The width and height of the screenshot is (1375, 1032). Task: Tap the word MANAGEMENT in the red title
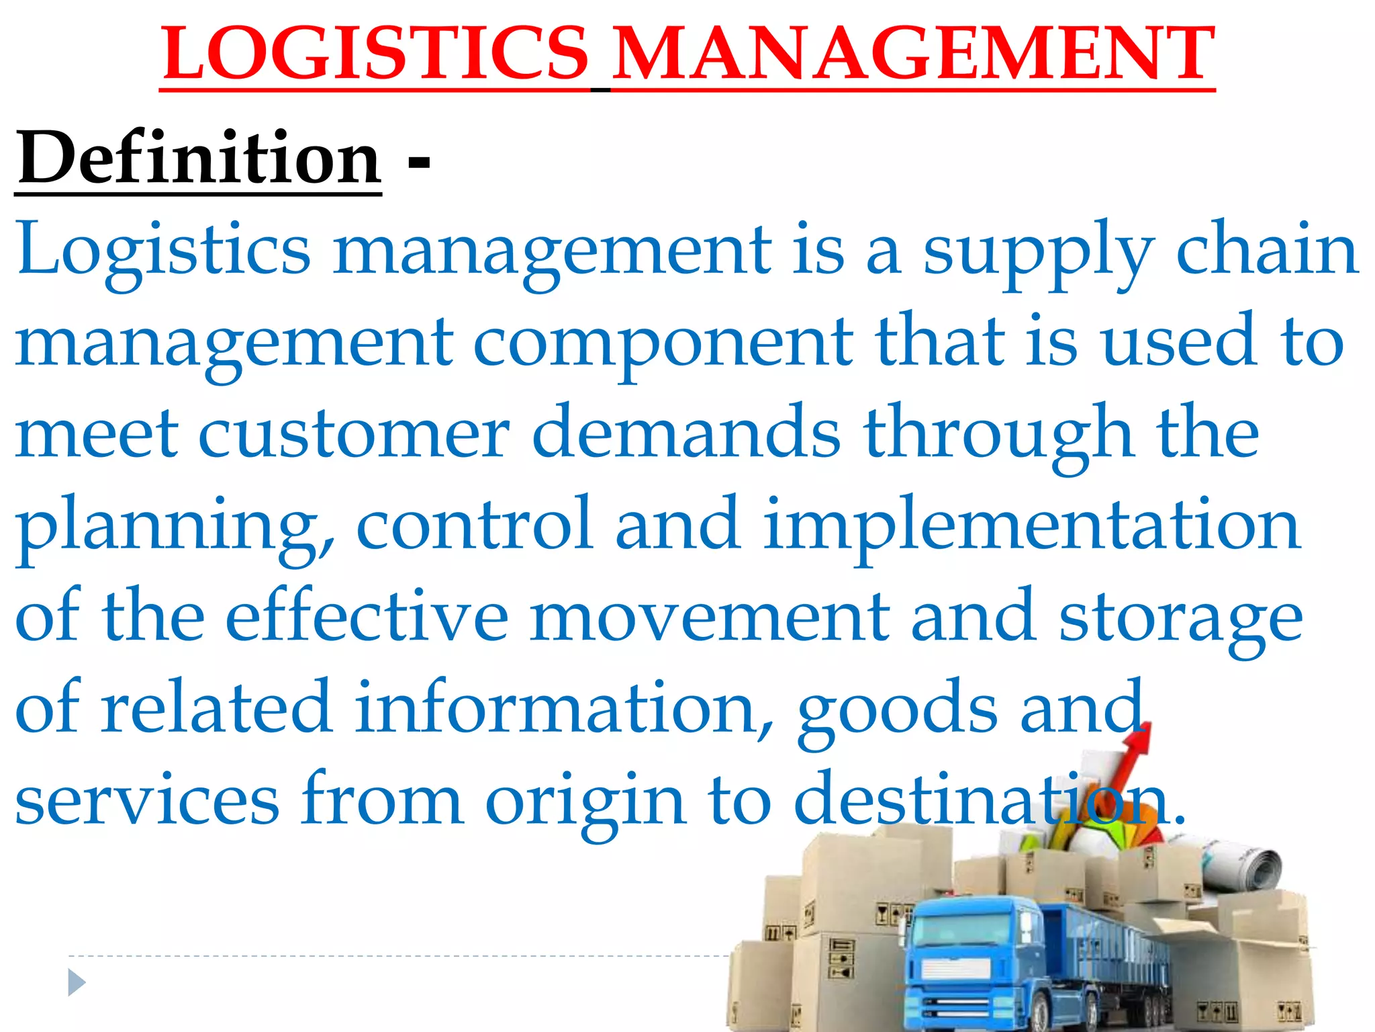(x=913, y=54)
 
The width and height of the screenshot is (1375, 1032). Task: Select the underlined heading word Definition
(x=199, y=159)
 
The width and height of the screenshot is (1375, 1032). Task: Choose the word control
(x=474, y=524)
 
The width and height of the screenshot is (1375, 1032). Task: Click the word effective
(x=367, y=616)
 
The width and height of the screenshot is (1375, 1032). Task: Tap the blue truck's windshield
(x=960, y=931)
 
